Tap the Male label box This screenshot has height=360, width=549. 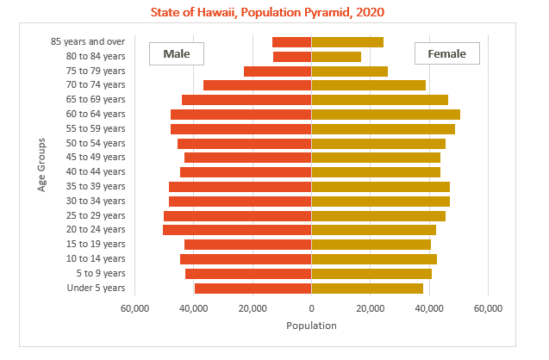click(176, 53)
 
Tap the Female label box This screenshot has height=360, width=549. click(446, 53)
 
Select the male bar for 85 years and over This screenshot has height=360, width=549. click(291, 42)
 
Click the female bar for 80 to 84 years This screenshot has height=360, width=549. click(336, 57)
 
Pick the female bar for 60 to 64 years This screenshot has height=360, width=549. click(385, 115)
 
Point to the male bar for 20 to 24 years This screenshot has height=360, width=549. click(237, 230)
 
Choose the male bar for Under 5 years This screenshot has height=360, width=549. click(253, 288)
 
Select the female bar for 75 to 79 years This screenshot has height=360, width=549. click(349, 71)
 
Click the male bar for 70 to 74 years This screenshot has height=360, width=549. click(257, 85)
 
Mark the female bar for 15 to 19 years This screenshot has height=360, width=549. click(371, 245)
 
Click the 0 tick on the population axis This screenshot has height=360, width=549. click(311, 307)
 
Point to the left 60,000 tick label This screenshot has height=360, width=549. click(134, 307)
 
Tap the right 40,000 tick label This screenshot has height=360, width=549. click(429, 307)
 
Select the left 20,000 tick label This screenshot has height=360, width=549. click(252, 307)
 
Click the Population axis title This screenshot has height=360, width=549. click(311, 326)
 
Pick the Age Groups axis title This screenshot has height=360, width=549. click(41, 164)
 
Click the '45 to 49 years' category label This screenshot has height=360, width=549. click(96, 158)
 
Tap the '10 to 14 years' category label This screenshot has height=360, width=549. click(96, 258)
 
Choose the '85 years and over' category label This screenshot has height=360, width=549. click(89, 41)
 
